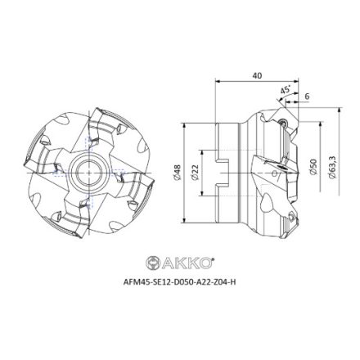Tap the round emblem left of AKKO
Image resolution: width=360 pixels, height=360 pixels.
(x=152, y=263)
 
